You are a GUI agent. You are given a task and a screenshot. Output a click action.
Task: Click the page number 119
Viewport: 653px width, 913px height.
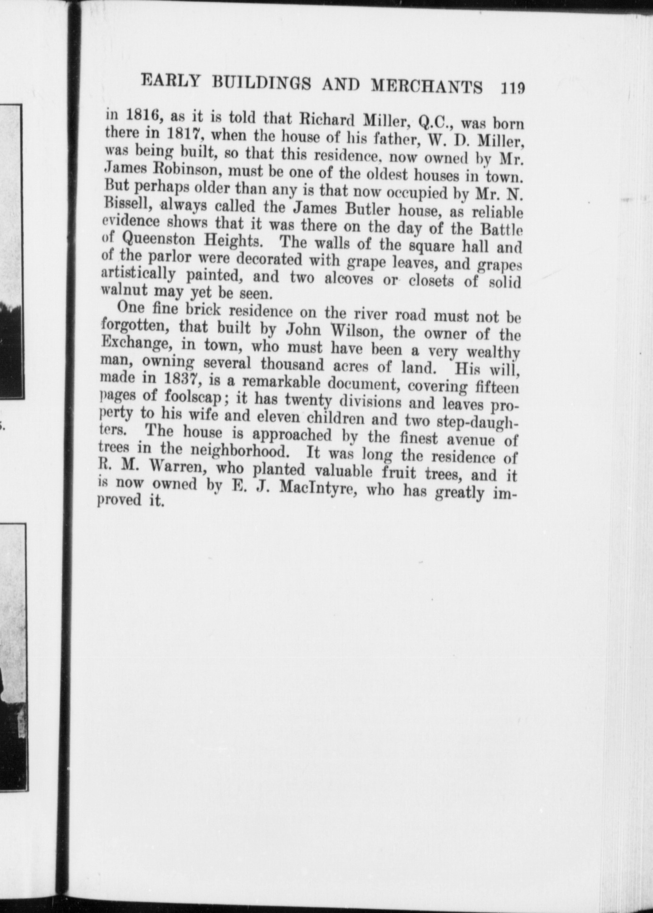[x=513, y=88]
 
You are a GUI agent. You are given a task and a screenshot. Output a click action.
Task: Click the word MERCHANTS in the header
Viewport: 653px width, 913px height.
[x=427, y=86]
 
